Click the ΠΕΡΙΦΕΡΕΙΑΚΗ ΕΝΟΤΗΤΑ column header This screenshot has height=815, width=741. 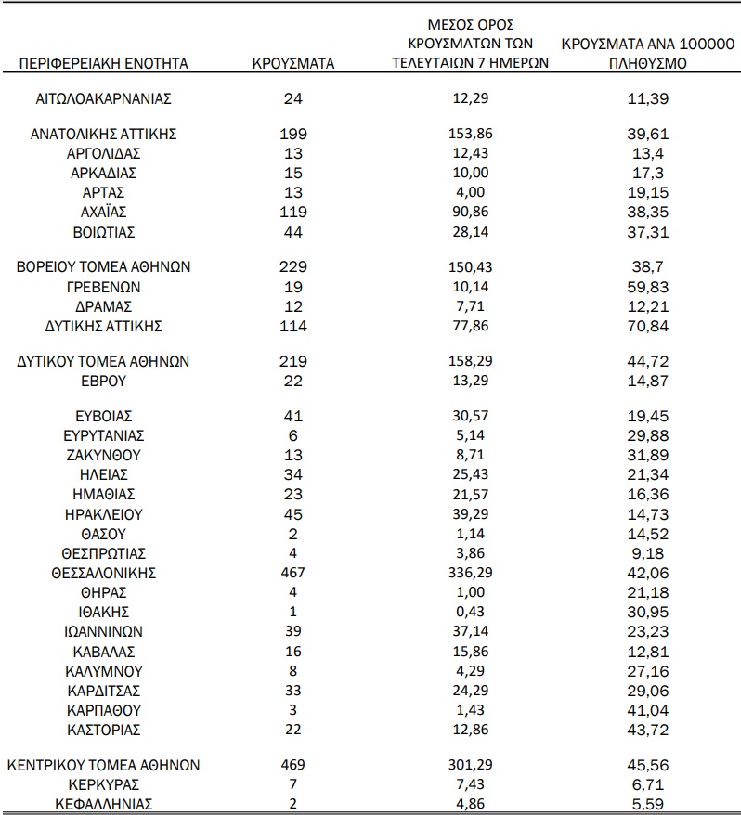[x=103, y=64]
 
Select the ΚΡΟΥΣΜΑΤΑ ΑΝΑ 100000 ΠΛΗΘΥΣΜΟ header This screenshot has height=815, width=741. [x=647, y=55]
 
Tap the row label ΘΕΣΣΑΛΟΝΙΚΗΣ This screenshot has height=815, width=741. [x=103, y=573]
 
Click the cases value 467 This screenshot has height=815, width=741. [x=292, y=573]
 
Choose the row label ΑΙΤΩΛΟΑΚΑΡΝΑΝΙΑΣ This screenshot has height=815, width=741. [x=103, y=98]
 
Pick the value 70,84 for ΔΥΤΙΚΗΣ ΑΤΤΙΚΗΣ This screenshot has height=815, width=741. [x=647, y=326]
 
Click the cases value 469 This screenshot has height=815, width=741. [x=292, y=765]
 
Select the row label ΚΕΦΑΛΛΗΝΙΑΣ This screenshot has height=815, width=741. [x=103, y=803]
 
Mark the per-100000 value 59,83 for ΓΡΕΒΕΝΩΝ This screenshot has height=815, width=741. [x=647, y=287]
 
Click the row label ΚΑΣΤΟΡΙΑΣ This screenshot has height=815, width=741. [x=103, y=728]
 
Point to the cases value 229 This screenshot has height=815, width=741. [x=292, y=266]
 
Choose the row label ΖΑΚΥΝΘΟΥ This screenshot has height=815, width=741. [x=103, y=455]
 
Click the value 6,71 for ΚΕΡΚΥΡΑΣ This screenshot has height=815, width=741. [x=647, y=784]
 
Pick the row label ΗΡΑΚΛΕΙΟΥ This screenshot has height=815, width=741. [x=103, y=513]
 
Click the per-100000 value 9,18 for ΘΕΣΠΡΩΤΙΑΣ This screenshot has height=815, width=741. [x=647, y=553]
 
